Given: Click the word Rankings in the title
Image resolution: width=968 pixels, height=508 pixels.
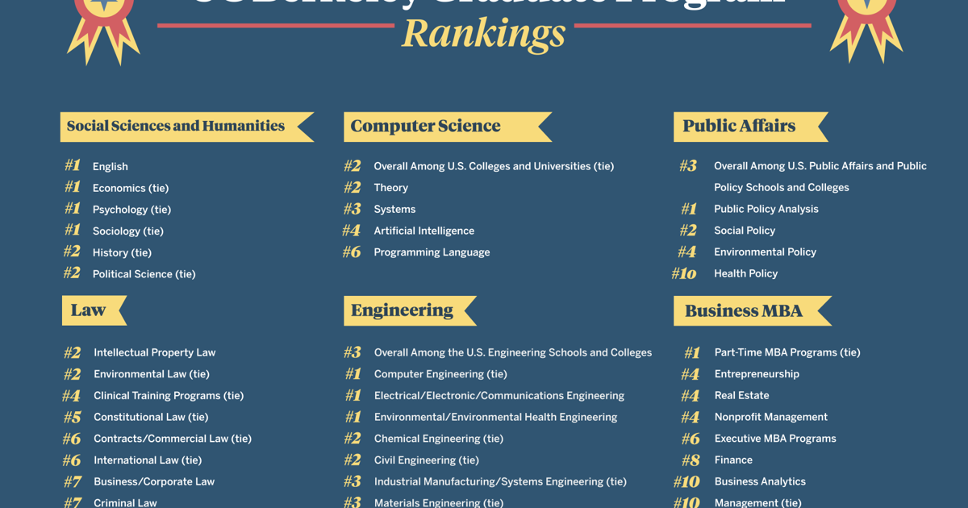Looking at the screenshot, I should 483,33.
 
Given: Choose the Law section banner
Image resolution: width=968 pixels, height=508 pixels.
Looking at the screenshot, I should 90,310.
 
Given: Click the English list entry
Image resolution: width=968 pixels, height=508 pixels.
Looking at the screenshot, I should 110,166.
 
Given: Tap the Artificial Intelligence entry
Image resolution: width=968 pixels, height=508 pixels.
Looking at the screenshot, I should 423,231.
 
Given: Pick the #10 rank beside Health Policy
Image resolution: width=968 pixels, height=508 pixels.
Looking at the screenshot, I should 684,273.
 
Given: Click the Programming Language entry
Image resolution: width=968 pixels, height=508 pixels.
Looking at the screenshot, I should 432,252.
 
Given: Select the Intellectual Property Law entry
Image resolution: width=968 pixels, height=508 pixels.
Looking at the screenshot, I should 154,352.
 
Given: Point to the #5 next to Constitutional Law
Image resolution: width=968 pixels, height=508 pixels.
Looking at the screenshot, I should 73,417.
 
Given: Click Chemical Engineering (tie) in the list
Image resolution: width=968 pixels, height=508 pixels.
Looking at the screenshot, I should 438,439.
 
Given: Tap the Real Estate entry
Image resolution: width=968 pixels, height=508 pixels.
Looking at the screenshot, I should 741,396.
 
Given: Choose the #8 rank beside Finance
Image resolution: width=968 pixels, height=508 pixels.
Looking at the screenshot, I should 691,460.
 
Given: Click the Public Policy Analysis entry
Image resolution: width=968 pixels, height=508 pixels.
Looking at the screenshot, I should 766,209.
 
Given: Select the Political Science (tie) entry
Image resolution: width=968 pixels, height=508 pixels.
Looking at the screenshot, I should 144,274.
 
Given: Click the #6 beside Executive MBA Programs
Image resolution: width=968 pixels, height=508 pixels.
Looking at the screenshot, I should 691,439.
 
